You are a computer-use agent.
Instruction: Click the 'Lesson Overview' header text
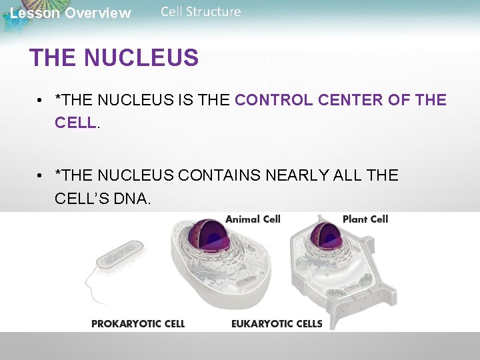tap(71, 13)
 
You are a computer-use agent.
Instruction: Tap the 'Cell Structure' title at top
tap(201, 11)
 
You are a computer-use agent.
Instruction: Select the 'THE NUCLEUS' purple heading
tap(114, 58)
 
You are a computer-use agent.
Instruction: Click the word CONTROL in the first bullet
tap(273, 101)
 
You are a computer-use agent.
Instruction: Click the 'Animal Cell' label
tap(253, 219)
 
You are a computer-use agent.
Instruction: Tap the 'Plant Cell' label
tap(365, 219)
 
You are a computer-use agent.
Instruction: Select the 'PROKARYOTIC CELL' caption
tap(138, 324)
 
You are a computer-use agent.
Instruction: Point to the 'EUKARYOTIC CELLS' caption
tap(277, 324)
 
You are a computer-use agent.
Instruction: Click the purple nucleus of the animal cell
tap(213, 236)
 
